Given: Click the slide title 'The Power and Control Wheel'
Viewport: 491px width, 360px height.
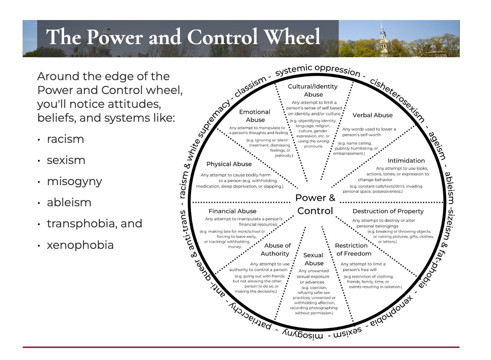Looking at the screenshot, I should [183, 37].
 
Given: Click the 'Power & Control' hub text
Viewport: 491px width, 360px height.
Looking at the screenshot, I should [315, 204].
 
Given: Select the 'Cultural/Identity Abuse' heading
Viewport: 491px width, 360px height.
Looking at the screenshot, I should [313, 90].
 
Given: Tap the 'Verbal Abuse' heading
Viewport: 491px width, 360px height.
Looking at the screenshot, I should [372, 115].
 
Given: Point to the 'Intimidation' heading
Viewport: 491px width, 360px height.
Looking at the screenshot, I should [406, 161].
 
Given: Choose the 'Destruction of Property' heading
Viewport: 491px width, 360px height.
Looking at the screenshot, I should [388, 211].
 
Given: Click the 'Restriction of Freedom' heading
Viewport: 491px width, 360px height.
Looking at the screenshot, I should [353, 250].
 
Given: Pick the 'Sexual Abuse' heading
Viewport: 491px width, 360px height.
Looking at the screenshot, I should [314, 259].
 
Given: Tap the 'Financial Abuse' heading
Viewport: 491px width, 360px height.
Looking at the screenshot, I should [232, 211].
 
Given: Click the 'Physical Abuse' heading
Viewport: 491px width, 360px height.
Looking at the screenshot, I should [229, 164].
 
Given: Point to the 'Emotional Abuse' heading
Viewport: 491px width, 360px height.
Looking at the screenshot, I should [255, 116].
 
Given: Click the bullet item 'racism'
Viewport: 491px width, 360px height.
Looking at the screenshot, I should [66, 139].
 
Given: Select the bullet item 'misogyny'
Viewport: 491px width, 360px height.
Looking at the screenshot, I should [74, 181].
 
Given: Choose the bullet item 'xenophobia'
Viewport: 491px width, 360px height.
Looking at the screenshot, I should [80, 245].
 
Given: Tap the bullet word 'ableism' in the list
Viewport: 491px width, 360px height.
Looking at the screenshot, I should [69, 203].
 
